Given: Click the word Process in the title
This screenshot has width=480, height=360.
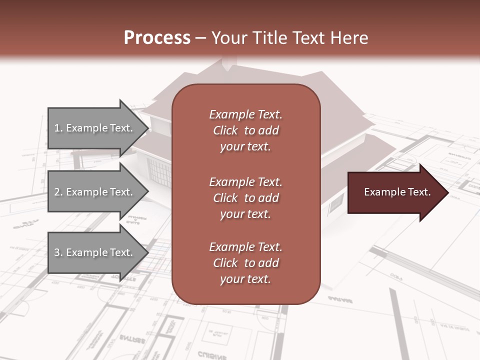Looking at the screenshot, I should [x=157, y=37].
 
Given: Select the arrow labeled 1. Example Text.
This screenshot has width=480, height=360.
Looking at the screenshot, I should [x=95, y=128].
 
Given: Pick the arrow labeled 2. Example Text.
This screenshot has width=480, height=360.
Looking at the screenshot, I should [x=95, y=192].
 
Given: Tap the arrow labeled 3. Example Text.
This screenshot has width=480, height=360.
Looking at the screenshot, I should [x=95, y=252].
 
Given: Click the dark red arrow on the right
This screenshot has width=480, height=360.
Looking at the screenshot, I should [x=395, y=192].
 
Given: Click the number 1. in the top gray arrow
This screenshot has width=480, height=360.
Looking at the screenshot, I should [x=58, y=128].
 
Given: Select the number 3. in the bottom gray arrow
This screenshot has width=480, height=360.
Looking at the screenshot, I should [x=58, y=252].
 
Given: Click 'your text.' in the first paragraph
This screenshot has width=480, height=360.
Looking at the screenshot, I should [x=245, y=147].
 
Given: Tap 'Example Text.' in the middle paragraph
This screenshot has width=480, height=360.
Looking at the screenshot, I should [x=245, y=182].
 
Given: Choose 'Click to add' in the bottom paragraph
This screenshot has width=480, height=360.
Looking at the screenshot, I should [x=245, y=263].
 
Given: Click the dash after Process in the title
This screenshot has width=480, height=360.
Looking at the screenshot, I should [x=201, y=38].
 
